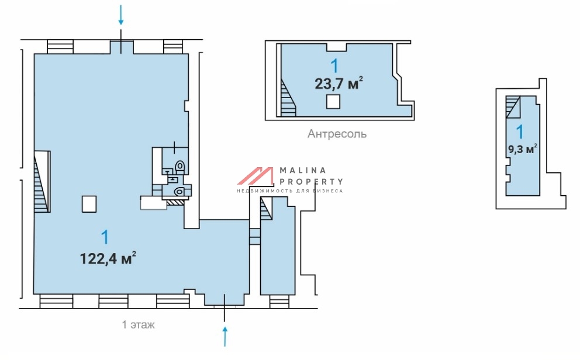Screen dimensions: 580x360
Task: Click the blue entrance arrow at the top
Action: [121, 15]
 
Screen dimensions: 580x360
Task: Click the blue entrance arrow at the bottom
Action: [225, 336]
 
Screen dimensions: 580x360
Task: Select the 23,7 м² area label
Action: [339, 84]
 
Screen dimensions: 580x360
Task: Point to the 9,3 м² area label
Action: [522, 150]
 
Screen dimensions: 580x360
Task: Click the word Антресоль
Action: [337, 133]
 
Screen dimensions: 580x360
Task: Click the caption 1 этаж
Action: [139, 325]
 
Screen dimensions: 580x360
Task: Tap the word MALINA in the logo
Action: [303, 171]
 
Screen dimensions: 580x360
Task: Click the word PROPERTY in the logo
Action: [311, 182]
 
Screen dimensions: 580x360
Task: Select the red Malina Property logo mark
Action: [256, 176]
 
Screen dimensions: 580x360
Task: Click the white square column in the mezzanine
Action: [333, 101]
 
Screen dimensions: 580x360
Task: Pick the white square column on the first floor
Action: [89, 204]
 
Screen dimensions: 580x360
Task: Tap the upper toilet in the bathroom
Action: [180, 167]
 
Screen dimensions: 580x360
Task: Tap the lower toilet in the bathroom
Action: [179, 192]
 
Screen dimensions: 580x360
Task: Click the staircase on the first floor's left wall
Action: [42, 182]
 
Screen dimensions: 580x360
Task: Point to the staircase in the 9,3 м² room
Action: [513, 107]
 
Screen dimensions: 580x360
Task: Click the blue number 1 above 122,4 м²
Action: [105, 237]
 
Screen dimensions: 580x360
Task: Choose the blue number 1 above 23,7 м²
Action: [335, 66]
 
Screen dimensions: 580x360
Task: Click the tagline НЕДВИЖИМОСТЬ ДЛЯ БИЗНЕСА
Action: [290, 191]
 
